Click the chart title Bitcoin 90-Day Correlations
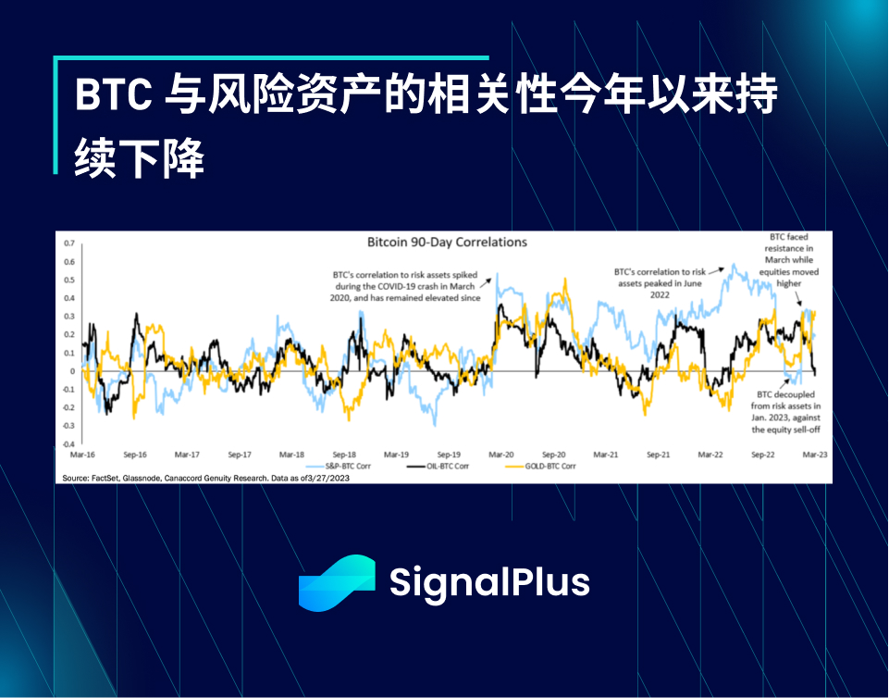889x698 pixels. (447, 243)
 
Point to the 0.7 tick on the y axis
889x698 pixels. (69, 243)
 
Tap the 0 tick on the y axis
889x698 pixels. (72, 371)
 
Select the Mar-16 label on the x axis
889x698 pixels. (82, 455)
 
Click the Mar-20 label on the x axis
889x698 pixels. (501, 455)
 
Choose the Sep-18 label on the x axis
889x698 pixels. (344, 455)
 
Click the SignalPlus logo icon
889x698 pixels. (337, 583)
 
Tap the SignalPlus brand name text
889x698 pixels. (489, 583)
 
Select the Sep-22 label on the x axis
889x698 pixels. (763, 455)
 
